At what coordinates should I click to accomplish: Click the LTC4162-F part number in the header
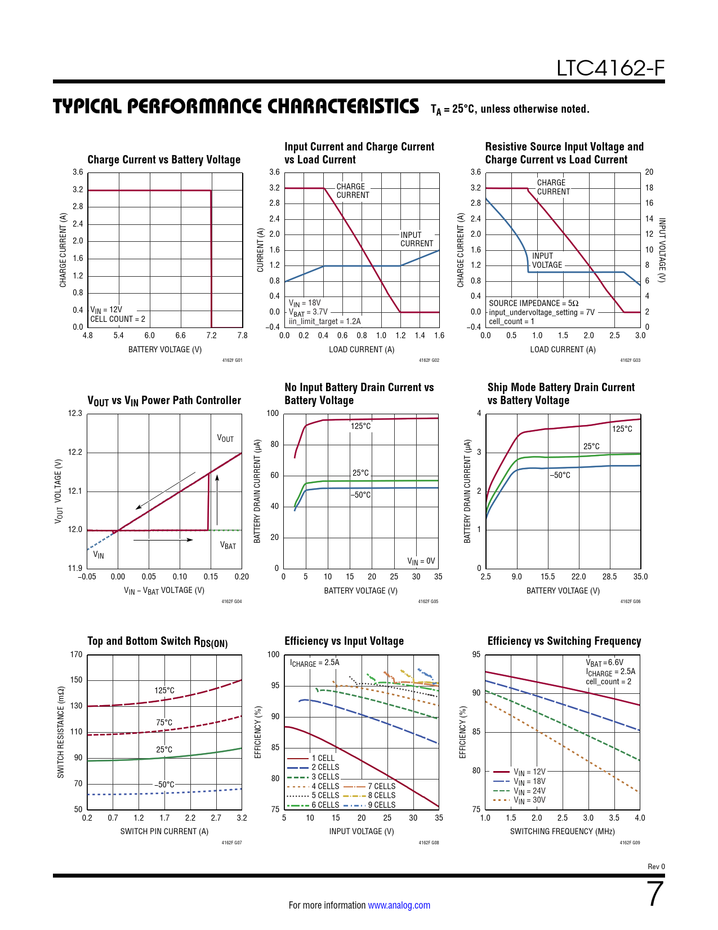(x=610, y=68)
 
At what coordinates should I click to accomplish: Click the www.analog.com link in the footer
(x=399, y=905)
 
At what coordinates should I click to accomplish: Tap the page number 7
(x=655, y=894)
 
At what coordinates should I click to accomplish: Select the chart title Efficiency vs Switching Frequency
(x=564, y=641)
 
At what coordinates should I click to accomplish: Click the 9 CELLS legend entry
(x=381, y=805)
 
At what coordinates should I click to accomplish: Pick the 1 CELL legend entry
(x=323, y=758)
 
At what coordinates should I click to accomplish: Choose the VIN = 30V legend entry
(x=529, y=800)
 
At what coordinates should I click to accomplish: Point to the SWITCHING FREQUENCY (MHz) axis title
(x=562, y=831)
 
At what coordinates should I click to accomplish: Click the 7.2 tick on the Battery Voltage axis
(x=211, y=335)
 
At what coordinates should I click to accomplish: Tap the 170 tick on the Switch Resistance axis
(x=76, y=654)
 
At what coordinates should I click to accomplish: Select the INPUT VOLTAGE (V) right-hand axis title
(x=662, y=250)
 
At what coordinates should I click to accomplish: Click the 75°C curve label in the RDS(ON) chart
(x=164, y=723)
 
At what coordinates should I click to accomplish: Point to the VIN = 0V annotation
(x=421, y=561)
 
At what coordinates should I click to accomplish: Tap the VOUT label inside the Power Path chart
(x=225, y=439)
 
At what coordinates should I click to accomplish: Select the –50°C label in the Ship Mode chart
(x=560, y=475)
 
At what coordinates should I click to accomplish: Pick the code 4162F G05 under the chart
(x=428, y=601)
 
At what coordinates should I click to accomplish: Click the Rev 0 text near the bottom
(x=656, y=867)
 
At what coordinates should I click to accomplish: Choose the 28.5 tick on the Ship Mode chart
(x=609, y=577)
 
